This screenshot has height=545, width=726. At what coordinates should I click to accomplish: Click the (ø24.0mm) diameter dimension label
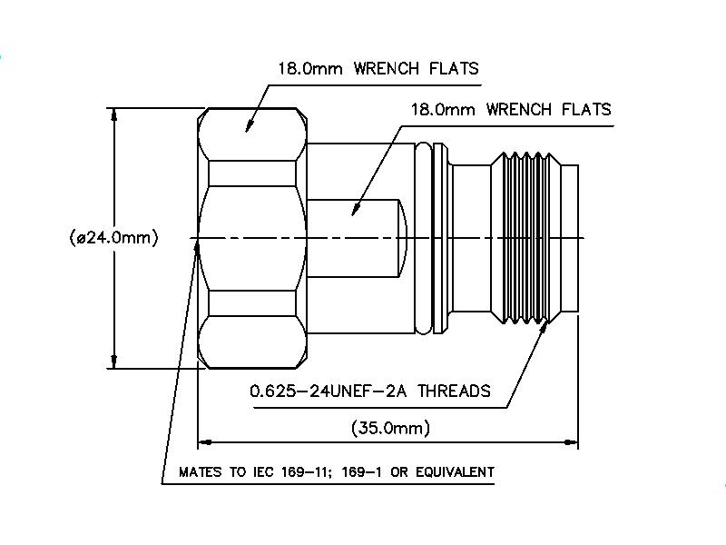[x=113, y=238]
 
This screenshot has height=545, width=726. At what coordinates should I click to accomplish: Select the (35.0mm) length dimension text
[x=390, y=427]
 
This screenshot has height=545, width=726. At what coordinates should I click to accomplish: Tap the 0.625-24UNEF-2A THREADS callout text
[x=369, y=391]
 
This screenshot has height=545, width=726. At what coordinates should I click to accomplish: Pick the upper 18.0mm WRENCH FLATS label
[x=378, y=68]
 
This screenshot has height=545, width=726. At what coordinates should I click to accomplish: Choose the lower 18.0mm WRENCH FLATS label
[x=511, y=109]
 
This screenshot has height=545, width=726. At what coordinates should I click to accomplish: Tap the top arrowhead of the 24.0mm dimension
[x=113, y=114]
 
